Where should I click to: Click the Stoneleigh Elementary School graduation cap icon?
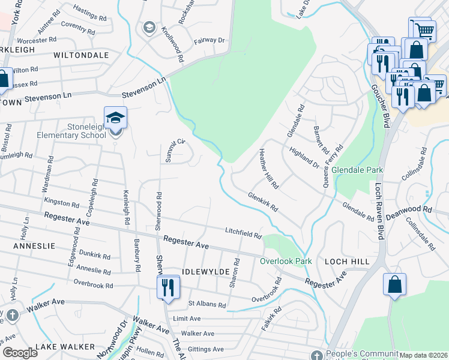point(115,118)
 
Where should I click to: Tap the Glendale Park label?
point(357,170)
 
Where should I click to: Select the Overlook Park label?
point(286,261)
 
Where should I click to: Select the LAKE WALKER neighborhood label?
point(65,347)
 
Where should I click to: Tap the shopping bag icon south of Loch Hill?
point(394,284)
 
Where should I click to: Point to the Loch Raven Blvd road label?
point(380,203)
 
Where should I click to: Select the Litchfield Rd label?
point(244,233)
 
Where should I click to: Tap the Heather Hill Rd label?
point(268,169)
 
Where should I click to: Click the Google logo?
point(20,353)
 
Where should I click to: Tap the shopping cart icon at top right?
point(424,28)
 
